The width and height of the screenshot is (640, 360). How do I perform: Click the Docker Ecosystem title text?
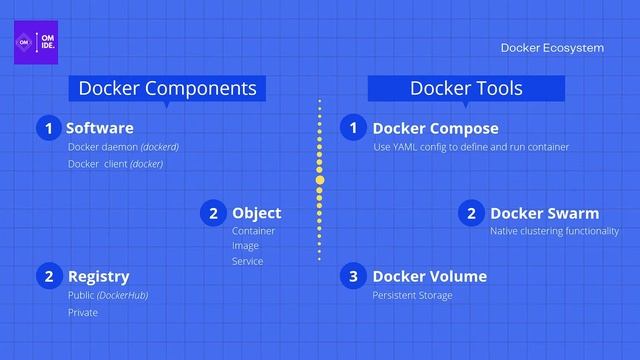click(x=552, y=47)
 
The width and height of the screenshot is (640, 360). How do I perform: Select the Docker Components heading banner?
click(x=167, y=88)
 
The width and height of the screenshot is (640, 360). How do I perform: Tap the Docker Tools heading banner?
click(x=466, y=88)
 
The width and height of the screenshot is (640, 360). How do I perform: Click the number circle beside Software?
click(x=47, y=128)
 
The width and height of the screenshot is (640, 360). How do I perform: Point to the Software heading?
click(x=99, y=128)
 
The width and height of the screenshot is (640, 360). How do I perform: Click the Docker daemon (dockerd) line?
click(x=123, y=147)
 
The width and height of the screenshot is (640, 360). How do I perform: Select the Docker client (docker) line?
click(x=115, y=164)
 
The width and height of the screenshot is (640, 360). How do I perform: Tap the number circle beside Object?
click(x=213, y=213)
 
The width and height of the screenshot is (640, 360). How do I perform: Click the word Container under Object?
click(x=253, y=231)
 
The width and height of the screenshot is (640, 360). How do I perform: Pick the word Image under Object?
click(x=245, y=246)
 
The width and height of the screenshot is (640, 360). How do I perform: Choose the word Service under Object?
click(x=247, y=262)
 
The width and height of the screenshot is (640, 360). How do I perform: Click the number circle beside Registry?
click(x=47, y=276)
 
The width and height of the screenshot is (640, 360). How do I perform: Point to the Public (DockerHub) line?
click(x=107, y=296)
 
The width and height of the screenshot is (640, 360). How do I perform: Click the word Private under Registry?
click(x=83, y=313)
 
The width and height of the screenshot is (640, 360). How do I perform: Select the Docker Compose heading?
click(x=435, y=128)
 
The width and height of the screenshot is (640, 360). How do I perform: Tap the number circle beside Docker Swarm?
click(x=471, y=213)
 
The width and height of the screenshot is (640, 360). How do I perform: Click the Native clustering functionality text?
click(x=554, y=231)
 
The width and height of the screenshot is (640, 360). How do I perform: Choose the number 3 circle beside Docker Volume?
click(x=353, y=276)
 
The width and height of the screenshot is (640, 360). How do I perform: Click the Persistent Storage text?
click(x=412, y=296)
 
